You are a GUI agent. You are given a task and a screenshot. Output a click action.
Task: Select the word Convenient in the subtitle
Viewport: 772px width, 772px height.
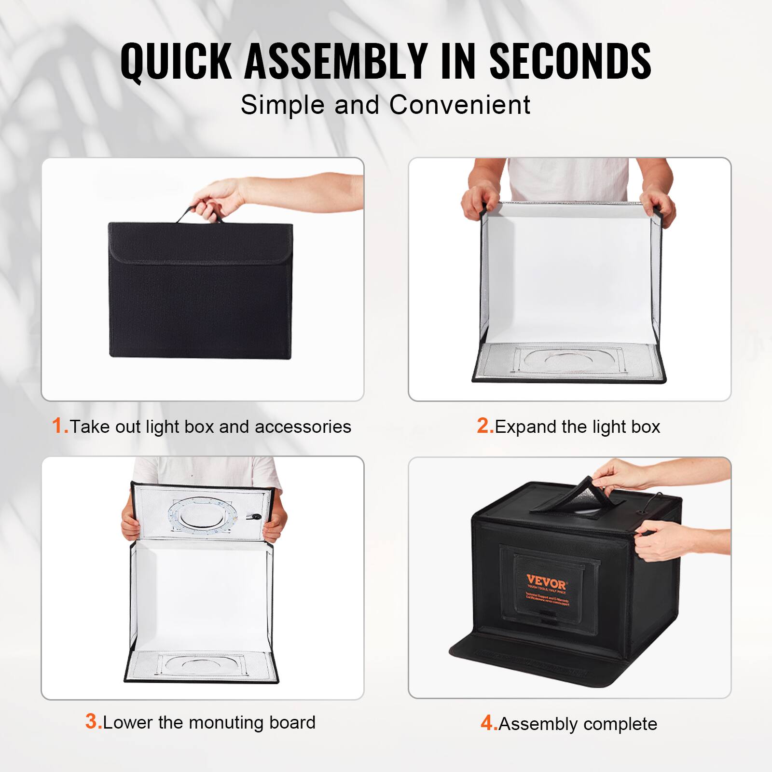click(460, 105)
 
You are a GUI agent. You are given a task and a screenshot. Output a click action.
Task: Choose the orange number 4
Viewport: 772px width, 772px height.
click(488, 723)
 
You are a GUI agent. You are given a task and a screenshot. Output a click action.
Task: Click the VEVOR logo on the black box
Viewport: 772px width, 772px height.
click(546, 580)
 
